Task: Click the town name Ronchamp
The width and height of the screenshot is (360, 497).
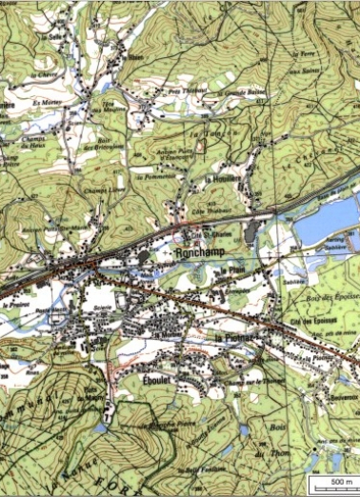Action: pos(197,254)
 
